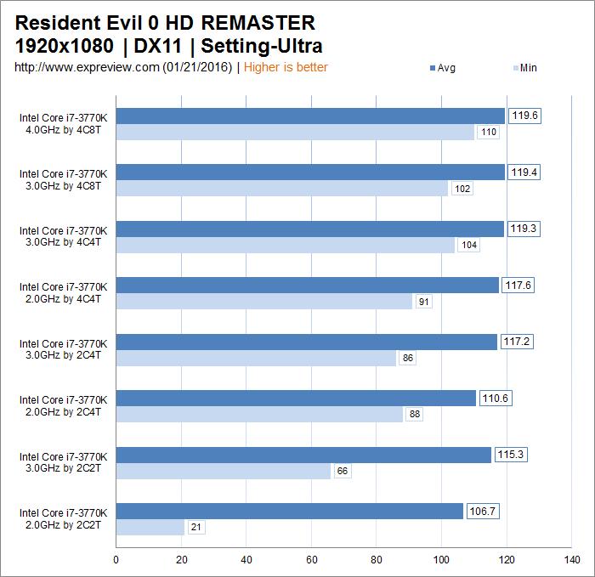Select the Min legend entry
point(524,68)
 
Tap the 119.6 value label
point(524,116)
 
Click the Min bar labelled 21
point(150,528)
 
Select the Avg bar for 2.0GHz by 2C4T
point(296,398)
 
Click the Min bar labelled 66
point(223,471)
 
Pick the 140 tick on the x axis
point(572,560)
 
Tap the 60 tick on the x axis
point(311,560)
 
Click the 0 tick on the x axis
point(116,560)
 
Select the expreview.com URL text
point(122,67)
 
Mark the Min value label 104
point(468,245)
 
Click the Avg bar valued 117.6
point(307,285)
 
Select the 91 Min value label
point(422,301)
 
